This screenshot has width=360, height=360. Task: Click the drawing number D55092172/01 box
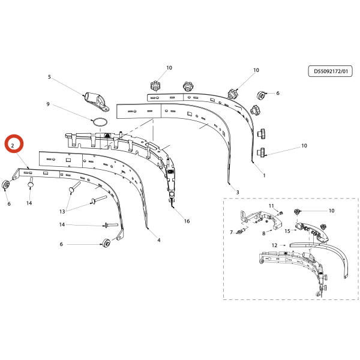point(330,71)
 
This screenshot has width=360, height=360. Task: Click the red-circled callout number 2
point(13,146)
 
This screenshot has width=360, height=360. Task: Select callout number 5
point(49,77)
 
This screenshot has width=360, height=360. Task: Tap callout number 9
point(48,104)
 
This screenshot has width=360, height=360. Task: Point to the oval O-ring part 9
point(99,122)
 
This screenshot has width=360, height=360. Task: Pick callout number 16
point(187,221)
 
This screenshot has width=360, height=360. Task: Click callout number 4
point(159,240)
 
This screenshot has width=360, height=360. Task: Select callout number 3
point(238,192)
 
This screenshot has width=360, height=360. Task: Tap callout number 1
point(264,175)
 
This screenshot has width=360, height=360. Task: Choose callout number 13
point(62,211)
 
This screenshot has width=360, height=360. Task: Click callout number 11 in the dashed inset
point(271,206)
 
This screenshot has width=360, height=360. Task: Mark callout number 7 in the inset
point(232,232)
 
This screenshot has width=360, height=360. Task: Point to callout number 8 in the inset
point(264,233)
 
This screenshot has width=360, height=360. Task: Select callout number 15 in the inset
point(287,231)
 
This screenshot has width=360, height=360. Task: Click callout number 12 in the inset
point(275,245)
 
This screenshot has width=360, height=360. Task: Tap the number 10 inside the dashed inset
point(332,211)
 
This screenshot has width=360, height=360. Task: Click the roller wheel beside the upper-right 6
point(261,95)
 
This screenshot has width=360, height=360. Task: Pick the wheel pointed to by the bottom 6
point(106,243)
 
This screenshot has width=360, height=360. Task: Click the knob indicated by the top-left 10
point(155,86)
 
